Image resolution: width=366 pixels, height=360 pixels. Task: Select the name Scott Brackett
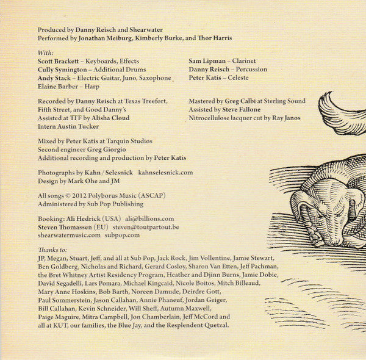59,62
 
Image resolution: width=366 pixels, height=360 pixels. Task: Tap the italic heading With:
46,52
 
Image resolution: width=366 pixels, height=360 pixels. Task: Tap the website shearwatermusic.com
69,236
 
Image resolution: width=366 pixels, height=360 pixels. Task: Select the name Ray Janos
285,118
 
